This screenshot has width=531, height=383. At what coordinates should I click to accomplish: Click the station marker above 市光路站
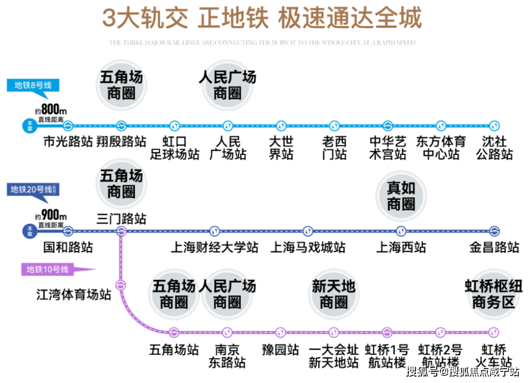(x=68, y=126)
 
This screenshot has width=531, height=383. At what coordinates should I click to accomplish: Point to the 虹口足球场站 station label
(x=175, y=148)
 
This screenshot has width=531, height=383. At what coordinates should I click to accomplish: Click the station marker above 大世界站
(x=281, y=126)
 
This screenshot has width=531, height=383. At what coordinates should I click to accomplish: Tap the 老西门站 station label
(x=334, y=148)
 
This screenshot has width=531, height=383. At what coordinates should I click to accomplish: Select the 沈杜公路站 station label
(x=494, y=148)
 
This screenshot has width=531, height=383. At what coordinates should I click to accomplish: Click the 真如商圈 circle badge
(x=401, y=196)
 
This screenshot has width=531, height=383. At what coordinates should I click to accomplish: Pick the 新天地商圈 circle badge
(x=334, y=295)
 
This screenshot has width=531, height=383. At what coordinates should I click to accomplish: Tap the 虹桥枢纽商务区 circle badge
(x=494, y=295)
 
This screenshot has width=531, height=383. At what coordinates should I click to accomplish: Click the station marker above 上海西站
(x=401, y=231)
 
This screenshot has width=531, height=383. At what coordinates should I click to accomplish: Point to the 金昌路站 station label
(x=494, y=248)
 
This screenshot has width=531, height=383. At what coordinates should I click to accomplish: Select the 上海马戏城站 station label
(x=308, y=248)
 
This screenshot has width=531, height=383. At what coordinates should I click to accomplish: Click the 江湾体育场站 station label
(x=73, y=294)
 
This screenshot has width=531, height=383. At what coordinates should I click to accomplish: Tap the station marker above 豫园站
(x=281, y=332)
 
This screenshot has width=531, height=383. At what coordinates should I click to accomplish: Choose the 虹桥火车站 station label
(x=494, y=356)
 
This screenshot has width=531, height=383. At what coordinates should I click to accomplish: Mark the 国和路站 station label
(x=68, y=248)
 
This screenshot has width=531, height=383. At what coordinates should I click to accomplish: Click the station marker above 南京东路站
(x=227, y=332)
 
